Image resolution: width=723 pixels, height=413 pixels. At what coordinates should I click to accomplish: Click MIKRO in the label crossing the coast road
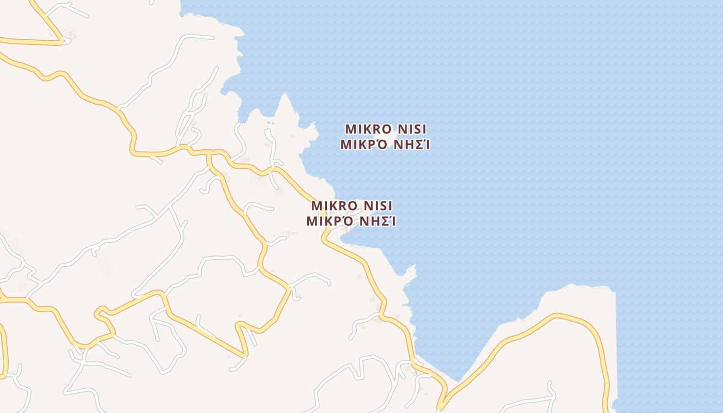click(x=330, y=205)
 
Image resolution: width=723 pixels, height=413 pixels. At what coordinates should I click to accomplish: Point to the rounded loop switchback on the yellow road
click(x=100, y=312)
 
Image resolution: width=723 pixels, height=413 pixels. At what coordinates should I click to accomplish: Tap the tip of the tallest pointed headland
click(x=284, y=94)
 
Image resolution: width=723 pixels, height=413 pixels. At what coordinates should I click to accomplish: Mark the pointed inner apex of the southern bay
click(x=458, y=380)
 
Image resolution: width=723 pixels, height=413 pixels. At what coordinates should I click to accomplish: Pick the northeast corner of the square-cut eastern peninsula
click(x=615, y=291)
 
